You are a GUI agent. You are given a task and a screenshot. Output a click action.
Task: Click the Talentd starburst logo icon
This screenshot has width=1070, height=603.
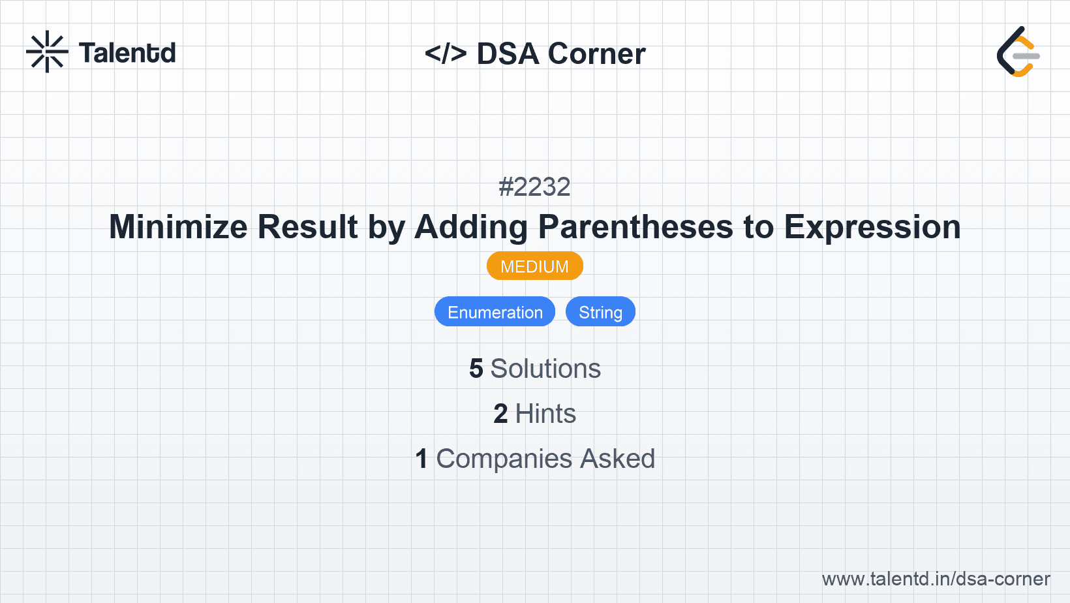[47, 52]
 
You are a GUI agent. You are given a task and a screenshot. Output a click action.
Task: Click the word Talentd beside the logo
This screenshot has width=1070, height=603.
[127, 53]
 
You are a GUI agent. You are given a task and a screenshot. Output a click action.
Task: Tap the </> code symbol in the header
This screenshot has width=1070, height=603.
[446, 54]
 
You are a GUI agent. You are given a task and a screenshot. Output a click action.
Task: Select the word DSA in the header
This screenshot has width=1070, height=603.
[508, 54]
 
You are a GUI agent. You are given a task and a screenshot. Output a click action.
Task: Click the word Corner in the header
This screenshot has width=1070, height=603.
[597, 54]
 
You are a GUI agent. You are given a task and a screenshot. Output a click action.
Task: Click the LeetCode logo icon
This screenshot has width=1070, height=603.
[1018, 52]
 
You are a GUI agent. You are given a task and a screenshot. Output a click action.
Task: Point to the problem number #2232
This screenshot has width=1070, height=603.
[534, 187]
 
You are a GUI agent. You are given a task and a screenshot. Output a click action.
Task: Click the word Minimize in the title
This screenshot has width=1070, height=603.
[178, 227]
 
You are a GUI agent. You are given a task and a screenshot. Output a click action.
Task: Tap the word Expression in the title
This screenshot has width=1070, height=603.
[872, 227]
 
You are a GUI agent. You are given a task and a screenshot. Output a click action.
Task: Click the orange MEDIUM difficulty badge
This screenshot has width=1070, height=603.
[534, 266]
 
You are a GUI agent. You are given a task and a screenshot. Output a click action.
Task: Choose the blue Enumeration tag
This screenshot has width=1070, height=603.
[495, 312]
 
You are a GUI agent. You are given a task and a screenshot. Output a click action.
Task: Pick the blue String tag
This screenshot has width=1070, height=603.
[600, 312]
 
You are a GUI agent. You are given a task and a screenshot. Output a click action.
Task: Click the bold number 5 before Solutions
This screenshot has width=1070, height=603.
[476, 369]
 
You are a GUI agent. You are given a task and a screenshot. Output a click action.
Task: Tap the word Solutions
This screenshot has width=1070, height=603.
[545, 369]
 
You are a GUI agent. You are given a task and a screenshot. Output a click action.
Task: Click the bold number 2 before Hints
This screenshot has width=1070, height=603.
[500, 414]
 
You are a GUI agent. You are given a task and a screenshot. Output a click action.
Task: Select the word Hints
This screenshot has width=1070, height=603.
[545, 414]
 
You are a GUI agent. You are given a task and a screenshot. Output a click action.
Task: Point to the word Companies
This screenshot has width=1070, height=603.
[504, 459]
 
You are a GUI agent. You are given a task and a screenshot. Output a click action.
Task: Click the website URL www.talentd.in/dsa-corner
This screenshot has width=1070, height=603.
[936, 579]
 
